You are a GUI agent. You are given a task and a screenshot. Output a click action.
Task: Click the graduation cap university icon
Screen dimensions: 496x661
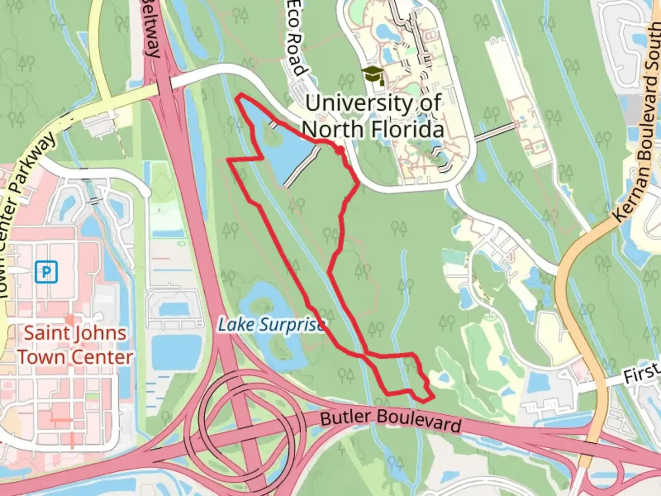coord(373,75)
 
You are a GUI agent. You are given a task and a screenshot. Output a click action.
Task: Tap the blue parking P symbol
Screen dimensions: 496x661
coord(46,272)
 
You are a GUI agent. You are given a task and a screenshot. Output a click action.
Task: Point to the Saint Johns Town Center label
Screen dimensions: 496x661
coord(75,345)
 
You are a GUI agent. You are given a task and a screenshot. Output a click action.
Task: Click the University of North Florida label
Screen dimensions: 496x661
coord(374,116)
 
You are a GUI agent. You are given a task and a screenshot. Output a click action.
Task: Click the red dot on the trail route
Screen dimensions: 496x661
coord(339,150)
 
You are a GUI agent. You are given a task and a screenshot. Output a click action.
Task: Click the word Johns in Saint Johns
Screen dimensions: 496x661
coord(99,333)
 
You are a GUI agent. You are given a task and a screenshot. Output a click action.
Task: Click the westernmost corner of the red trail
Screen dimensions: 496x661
coord(229,160)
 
